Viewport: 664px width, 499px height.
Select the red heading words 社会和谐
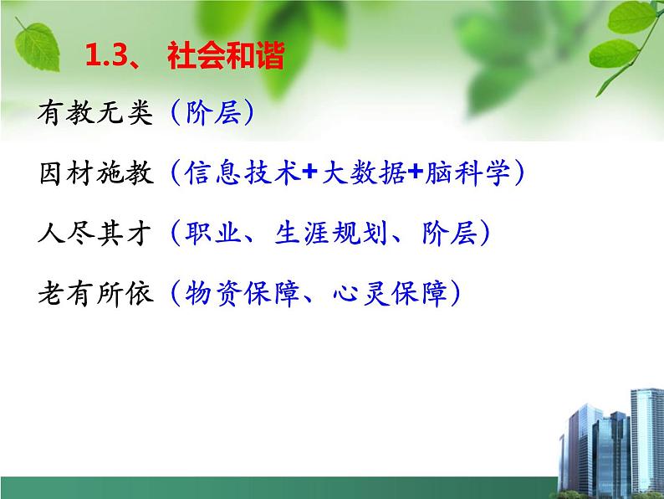[226, 58]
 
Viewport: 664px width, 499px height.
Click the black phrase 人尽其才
[96, 234]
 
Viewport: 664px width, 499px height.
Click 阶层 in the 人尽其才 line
[447, 234]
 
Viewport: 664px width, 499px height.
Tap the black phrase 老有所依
[96, 294]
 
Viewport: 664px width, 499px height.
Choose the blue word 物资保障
[239, 294]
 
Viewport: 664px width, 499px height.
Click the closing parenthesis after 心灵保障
[452, 294]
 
